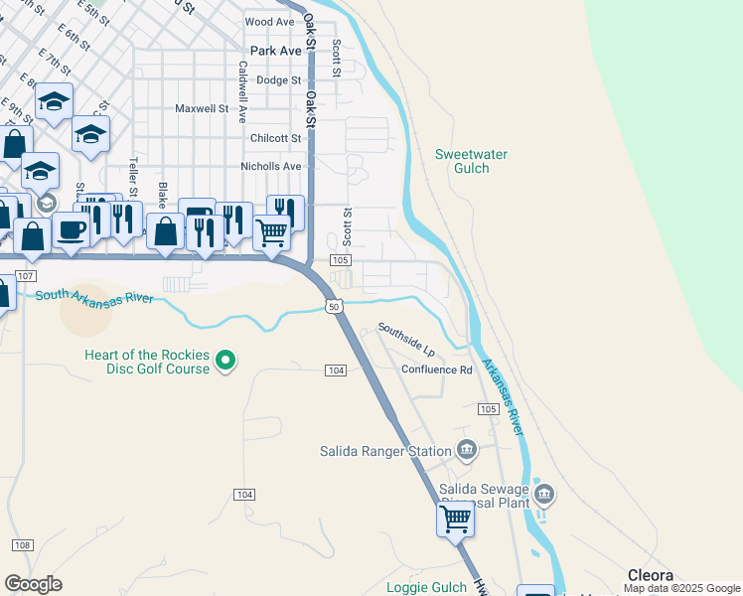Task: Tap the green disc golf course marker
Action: [226, 360]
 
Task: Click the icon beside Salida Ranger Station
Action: [467, 451]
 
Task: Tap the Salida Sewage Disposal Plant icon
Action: [543, 494]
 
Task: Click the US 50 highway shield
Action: [335, 307]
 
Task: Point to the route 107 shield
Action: [26, 275]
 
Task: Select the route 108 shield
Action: [24, 545]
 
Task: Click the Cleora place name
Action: [651, 575]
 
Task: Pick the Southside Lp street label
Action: [406, 339]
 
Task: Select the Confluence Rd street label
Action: [437, 370]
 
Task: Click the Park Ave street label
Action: [275, 51]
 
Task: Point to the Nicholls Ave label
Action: [270, 167]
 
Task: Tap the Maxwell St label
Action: [202, 109]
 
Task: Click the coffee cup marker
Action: [72, 229]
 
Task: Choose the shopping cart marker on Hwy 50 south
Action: [455, 519]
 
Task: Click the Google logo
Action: [33, 584]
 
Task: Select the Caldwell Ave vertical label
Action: [242, 91]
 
